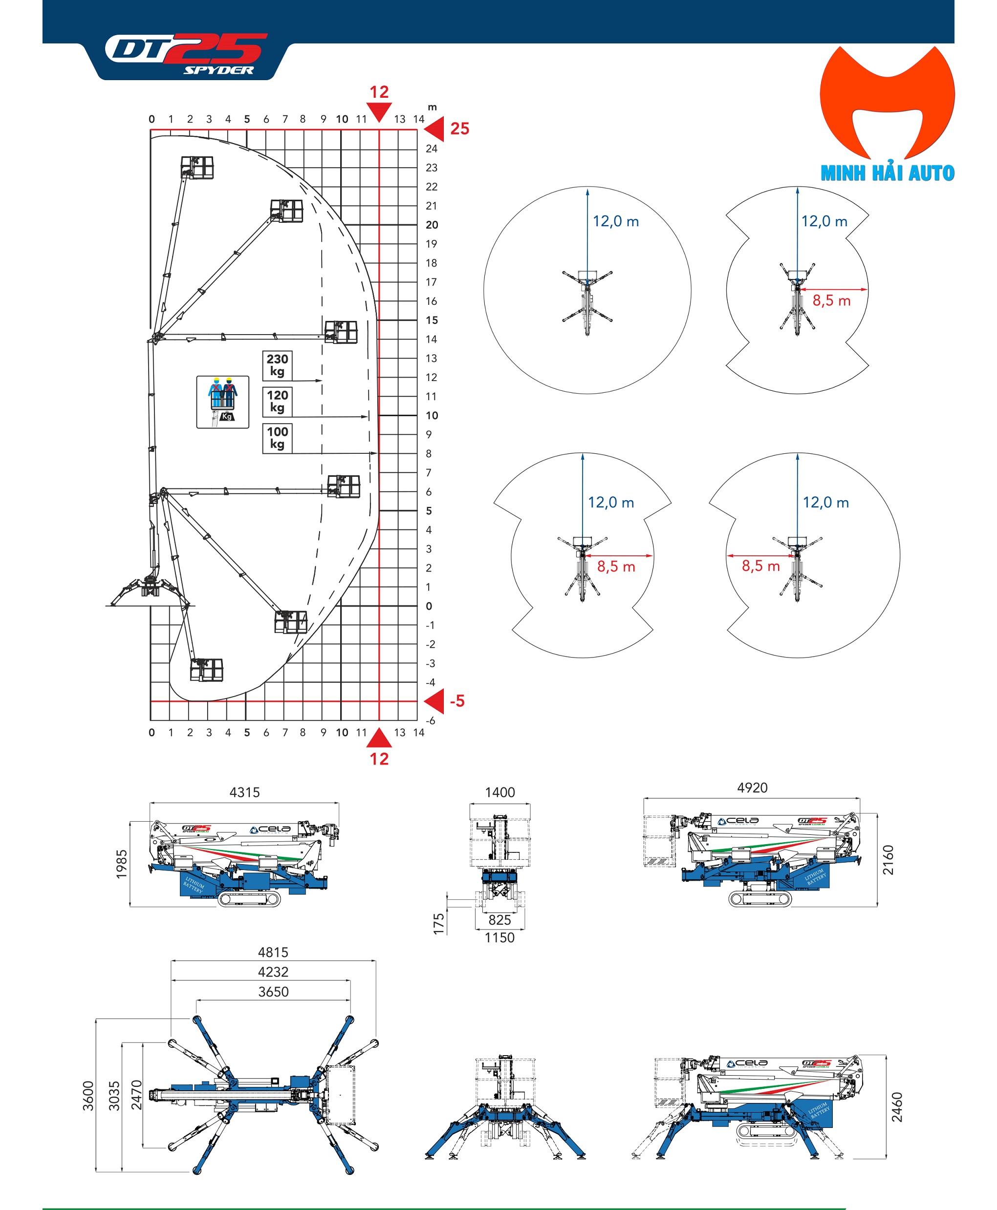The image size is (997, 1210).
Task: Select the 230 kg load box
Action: [x=278, y=365]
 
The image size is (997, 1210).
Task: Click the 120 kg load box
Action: [x=278, y=401]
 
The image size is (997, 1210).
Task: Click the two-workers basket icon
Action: [x=222, y=402]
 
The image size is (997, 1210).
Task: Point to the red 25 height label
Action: [x=459, y=128]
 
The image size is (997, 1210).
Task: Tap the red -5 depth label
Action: [x=457, y=701]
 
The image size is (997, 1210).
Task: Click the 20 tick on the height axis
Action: [x=432, y=225]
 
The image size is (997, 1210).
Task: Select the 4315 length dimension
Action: [x=245, y=792]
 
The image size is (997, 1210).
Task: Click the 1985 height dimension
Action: [x=121, y=864]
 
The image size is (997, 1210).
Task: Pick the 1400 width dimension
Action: [x=499, y=792]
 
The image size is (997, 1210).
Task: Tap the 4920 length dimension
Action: [x=752, y=787]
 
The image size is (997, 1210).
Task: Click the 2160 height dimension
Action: [x=889, y=860]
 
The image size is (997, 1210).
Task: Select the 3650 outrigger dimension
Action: [x=273, y=992]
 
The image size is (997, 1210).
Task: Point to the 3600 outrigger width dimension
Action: [x=88, y=1096]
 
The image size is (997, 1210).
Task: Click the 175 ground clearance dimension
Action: [x=439, y=924]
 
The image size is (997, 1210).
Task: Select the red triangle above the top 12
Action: [x=379, y=111]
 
